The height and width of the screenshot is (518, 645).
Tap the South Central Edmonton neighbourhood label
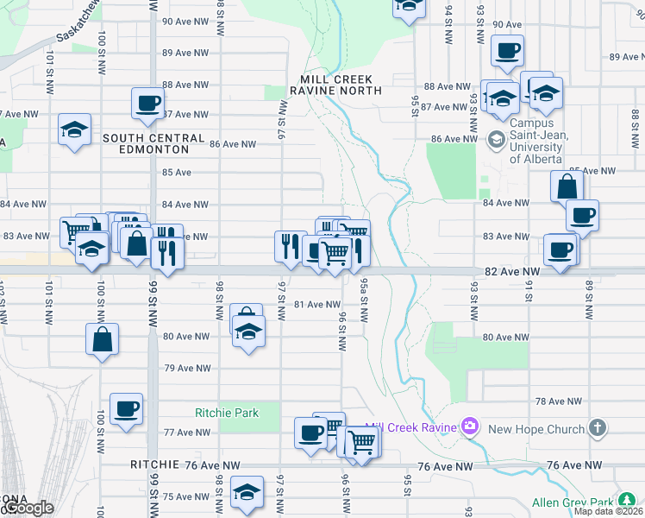[153, 143]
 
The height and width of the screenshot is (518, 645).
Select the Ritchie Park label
[227, 413]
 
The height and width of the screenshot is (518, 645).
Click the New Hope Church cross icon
[598, 428]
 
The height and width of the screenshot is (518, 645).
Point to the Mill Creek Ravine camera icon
[470, 425]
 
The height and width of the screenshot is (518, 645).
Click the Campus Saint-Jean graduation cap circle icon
[496, 138]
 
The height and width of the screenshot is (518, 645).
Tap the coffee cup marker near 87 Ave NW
[147, 104]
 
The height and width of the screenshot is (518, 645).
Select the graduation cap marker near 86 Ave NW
[75, 130]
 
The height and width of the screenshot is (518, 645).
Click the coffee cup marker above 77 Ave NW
[126, 408]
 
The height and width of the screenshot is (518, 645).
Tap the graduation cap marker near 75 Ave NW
[247, 493]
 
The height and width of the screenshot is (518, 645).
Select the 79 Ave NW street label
[187, 368]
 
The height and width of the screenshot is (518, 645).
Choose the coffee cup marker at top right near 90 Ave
[508, 49]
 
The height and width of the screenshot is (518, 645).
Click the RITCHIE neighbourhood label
[154, 464]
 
